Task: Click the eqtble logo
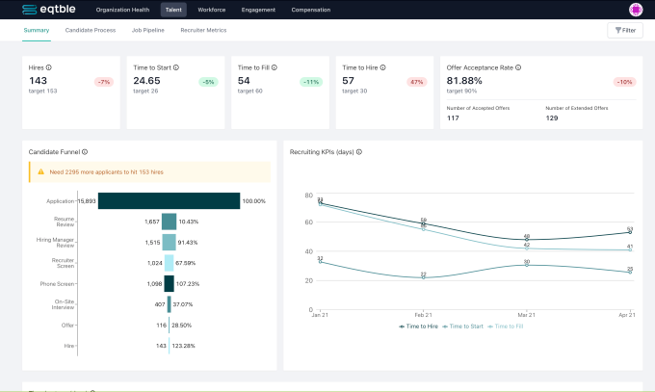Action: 47,10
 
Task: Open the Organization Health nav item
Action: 122,10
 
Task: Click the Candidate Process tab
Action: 91,30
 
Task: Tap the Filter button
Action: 625,31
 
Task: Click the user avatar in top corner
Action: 635,10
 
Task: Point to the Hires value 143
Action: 39,81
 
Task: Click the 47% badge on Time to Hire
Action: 417,82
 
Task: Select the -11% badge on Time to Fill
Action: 309,82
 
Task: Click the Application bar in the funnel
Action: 169,200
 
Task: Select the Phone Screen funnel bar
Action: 169,283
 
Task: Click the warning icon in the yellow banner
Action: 40,171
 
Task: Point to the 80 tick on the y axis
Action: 308,196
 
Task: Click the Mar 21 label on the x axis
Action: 526,314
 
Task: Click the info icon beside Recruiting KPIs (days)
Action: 359,151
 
